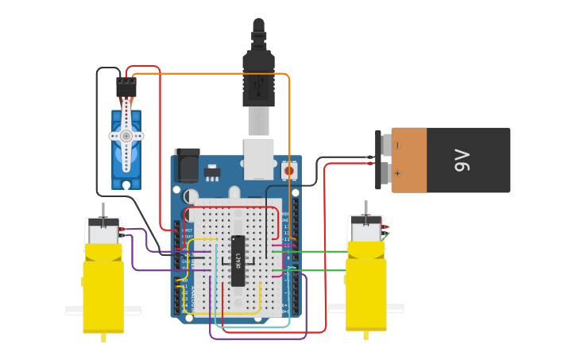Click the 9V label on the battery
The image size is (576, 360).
point(463,160)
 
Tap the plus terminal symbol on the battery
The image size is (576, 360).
point(397,172)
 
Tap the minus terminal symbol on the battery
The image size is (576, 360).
point(397,145)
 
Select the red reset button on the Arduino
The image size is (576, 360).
point(288,170)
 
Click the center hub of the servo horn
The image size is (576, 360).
point(126,136)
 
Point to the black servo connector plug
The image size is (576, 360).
point(126,87)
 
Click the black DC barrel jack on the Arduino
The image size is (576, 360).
point(187,165)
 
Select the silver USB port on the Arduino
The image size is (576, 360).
point(258,157)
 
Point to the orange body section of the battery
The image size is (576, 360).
point(409,160)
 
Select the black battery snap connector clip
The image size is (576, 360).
point(378,160)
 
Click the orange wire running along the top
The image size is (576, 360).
point(211,74)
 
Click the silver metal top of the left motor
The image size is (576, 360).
point(103,232)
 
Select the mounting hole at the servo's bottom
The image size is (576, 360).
point(126,184)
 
